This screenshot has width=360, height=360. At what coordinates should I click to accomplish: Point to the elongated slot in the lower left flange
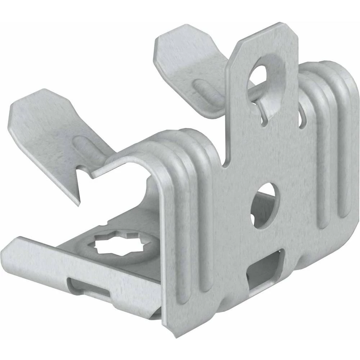[x=90, y=288]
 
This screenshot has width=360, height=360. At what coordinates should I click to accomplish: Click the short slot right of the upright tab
[x=302, y=121]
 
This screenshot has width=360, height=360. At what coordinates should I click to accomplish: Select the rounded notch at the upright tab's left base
[x=226, y=164]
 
